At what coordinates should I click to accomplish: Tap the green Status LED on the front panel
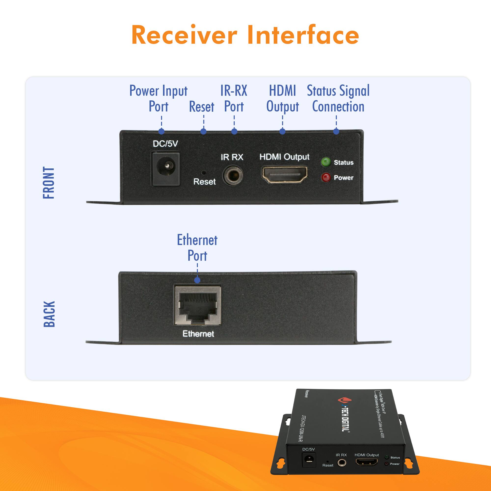(326, 162)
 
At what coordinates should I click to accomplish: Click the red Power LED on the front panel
(326, 177)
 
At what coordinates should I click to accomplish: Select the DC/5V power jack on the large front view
(166, 168)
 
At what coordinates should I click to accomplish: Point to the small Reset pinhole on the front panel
(204, 173)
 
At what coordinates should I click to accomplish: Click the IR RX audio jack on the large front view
(232, 175)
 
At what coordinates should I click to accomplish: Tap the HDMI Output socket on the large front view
(284, 174)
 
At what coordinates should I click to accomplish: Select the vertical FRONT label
(49, 183)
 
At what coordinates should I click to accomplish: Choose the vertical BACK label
(49, 314)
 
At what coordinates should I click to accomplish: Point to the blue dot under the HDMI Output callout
(282, 131)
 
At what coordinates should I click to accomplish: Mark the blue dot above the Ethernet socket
(197, 280)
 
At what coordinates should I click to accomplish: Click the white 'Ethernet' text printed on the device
(198, 334)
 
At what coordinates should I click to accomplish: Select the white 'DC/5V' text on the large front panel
(165, 144)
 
